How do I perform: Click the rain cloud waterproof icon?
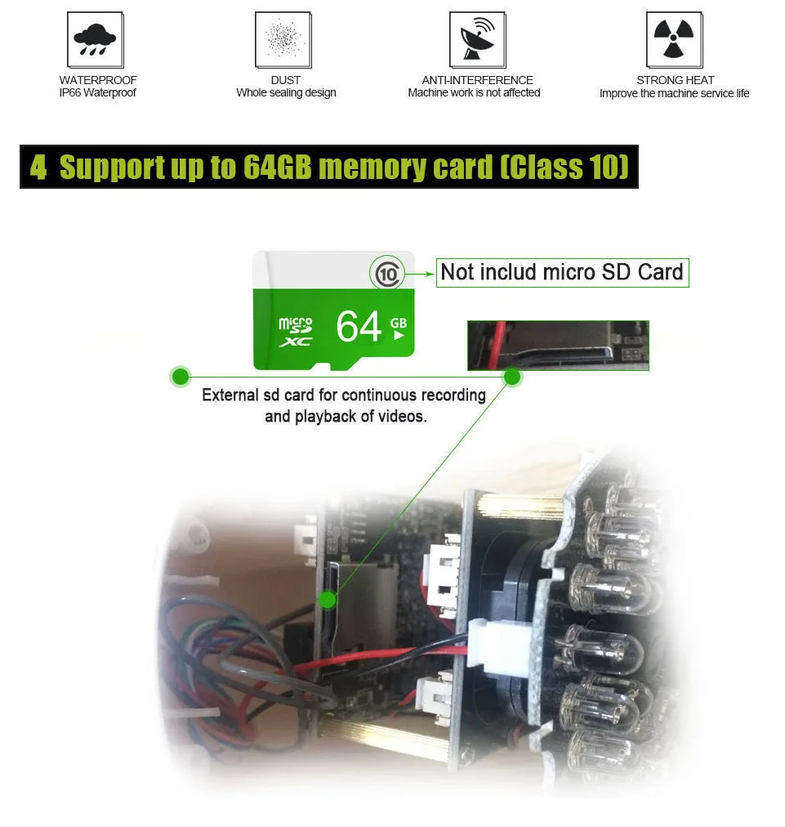coord(96,40)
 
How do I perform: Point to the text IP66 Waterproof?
coord(97,93)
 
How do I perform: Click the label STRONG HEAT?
coord(675,80)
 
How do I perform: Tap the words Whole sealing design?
coord(286,93)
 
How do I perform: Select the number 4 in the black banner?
coord(38,168)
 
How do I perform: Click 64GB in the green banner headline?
coord(277,168)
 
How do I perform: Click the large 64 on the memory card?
coord(359,326)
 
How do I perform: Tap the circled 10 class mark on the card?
coord(387,273)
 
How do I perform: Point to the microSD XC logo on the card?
coord(296,332)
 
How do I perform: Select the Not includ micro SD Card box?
coord(563,273)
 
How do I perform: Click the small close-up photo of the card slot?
coord(558,346)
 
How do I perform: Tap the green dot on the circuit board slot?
coord(328,600)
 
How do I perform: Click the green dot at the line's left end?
coord(181,377)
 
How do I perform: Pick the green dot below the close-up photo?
coord(512,377)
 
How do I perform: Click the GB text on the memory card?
coord(399,324)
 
